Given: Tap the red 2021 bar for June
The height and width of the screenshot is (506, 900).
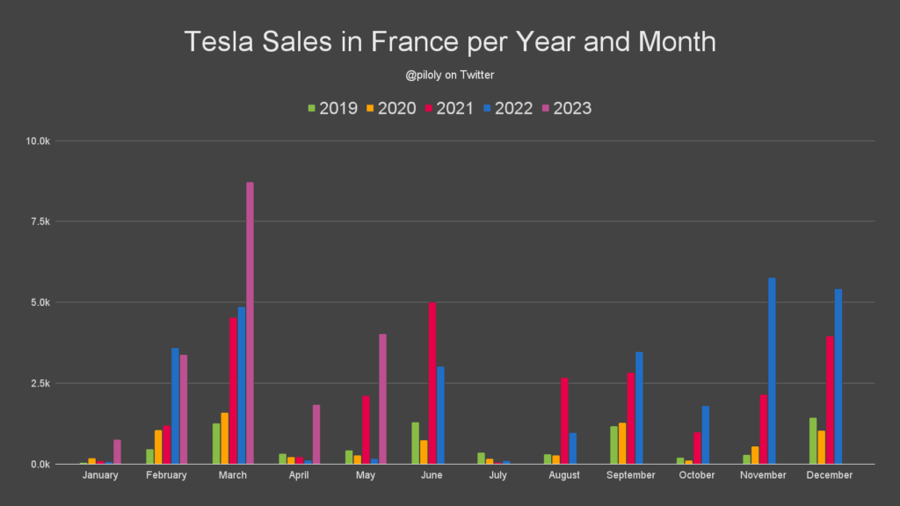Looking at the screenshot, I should tap(432, 383).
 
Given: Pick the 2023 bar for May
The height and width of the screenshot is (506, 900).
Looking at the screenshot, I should tap(382, 399).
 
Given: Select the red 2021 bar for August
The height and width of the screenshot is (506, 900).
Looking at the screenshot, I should tap(564, 421).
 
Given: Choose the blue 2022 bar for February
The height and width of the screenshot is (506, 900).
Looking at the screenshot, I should tap(175, 406).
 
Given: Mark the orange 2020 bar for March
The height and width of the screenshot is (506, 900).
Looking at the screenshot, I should tap(225, 438).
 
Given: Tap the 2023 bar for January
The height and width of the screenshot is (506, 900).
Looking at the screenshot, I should tap(117, 452).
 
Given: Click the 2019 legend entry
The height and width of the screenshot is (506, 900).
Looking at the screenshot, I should tap(331, 109).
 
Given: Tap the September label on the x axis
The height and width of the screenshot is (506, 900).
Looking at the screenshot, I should tap(631, 475).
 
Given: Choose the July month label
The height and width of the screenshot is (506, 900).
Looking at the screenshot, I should tap(497, 475).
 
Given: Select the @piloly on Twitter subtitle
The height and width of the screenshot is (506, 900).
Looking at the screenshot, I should tap(449, 76).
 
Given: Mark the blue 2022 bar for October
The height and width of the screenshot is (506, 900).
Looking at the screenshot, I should tap(705, 435).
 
